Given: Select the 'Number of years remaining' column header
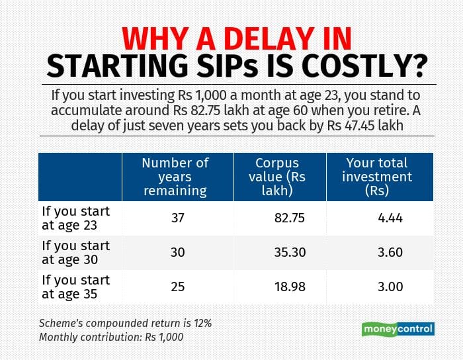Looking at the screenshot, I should pyautogui.click(x=175, y=177).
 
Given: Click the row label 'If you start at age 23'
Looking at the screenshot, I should pyautogui.click(x=76, y=218).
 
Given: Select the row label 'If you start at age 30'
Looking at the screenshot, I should pyautogui.click(x=76, y=252).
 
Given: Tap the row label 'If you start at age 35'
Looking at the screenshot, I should pyautogui.click(x=76, y=287).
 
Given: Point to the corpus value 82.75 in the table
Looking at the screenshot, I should pyautogui.click(x=290, y=218).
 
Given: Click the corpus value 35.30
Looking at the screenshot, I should pyautogui.click(x=290, y=253).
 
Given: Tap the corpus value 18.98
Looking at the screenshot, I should pyautogui.click(x=290, y=287).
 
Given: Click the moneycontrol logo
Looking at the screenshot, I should pyautogui.click(x=398, y=329).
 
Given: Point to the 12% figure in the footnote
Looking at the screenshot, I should pyautogui.click(x=198, y=323).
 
